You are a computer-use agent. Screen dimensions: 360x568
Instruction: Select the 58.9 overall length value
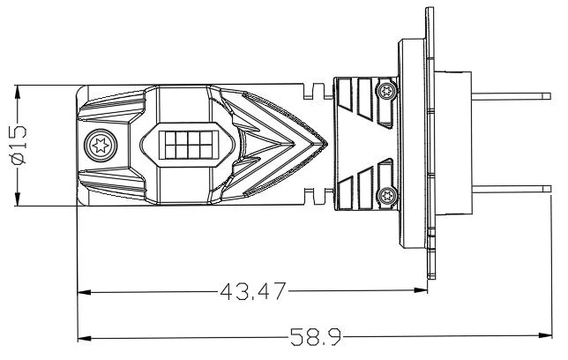tap(316, 337)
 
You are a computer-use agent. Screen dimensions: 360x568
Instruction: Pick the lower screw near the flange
tap(383, 195)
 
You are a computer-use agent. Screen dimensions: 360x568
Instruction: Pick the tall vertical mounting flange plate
tap(430, 141)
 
